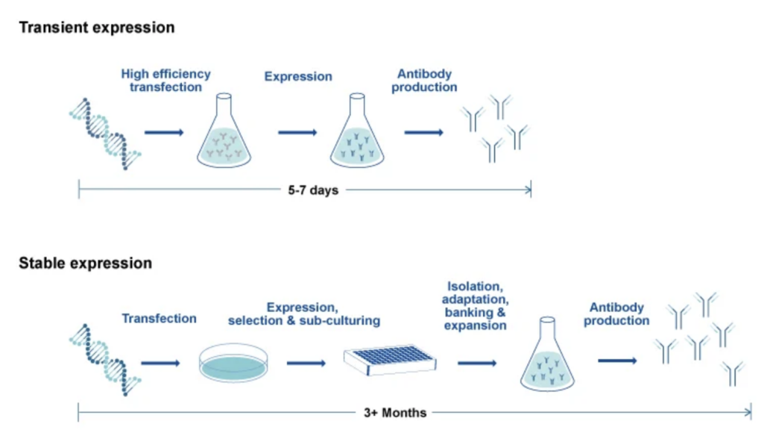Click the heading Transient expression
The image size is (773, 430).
tap(97, 27)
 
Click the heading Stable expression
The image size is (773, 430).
tap(85, 263)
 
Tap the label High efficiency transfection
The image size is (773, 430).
tap(165, 81)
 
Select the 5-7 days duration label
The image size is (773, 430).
tap(313, 190)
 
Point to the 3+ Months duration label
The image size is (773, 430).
tap(395, 413)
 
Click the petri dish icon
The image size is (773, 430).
tap(233, 364)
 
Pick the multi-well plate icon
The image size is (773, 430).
tap(390, 360)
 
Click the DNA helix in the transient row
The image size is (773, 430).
tap(105, 134)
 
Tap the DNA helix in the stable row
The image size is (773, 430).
tap(105, 360)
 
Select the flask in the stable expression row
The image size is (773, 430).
tap(547, 355)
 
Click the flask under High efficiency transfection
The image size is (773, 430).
tap(224, 131)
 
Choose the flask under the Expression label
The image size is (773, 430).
tap(357, 131)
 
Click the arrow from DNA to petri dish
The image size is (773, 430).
tap(160, 364)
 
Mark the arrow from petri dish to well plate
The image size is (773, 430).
tap(306, 364)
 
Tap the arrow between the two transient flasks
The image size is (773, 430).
tap(297, 132)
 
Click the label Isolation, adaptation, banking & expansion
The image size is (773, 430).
tap(476, 306)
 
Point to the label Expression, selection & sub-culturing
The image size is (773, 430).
tap(303, 314)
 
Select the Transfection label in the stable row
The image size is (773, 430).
tap(159, 319)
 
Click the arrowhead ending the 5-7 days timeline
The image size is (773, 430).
tap(529, 190)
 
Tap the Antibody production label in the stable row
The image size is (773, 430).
tap(616, 314)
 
